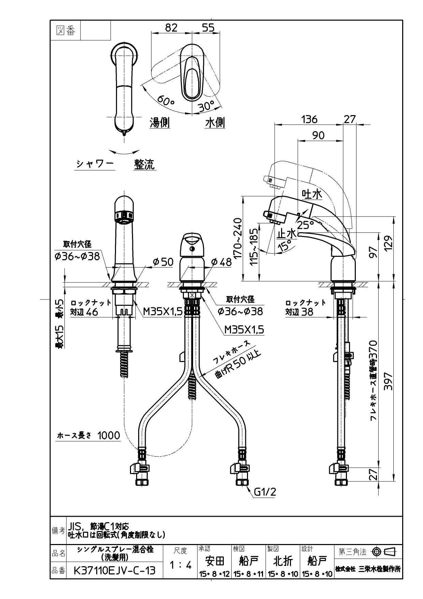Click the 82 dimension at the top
(x=171, y=28)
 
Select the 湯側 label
(x=160, y=123)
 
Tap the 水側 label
(x=215, y=123)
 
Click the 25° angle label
(x=305, y=225)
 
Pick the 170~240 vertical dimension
(x=238, y=238)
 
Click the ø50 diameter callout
(x=163, y=262)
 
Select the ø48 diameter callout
(x=221, y=262)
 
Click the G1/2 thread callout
(x=265, y=492)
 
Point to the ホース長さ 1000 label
(x=88, y=435)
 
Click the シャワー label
(x=94, y=164)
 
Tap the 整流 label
(x=144, y=164)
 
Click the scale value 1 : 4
(x=180, y=565)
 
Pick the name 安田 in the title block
(x=215, y=561)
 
